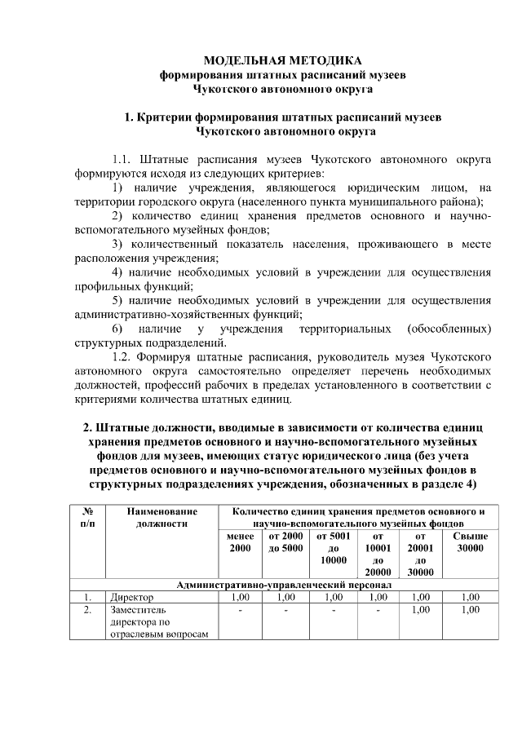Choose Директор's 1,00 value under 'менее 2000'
coord(240,597)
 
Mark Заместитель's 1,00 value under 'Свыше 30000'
coord(470,609)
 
